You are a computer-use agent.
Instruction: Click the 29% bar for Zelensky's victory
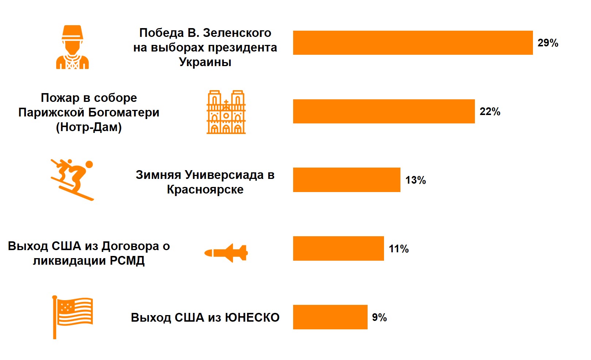[412, 43]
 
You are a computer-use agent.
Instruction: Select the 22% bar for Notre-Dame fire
[384, 111]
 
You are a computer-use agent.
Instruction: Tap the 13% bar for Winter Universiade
[346, 180]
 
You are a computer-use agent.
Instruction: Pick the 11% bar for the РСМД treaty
[338, 248]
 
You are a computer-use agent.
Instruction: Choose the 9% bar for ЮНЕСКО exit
[330, 317]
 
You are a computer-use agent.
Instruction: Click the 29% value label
[548, 43]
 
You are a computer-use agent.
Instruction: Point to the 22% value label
[490, 112]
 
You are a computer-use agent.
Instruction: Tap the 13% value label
[415, 180]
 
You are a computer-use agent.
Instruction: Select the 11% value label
[399, 249]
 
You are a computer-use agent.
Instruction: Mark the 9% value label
[379, 318]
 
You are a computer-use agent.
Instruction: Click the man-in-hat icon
[72, 47]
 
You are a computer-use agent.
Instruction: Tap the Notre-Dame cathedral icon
[226, 112]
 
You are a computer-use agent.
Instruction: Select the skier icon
[72, 180]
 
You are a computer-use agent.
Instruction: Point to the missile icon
[226, 253]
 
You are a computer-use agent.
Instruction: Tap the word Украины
[205, 62]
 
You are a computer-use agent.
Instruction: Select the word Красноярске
[205, 189]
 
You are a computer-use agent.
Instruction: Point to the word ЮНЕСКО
[252, 318]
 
